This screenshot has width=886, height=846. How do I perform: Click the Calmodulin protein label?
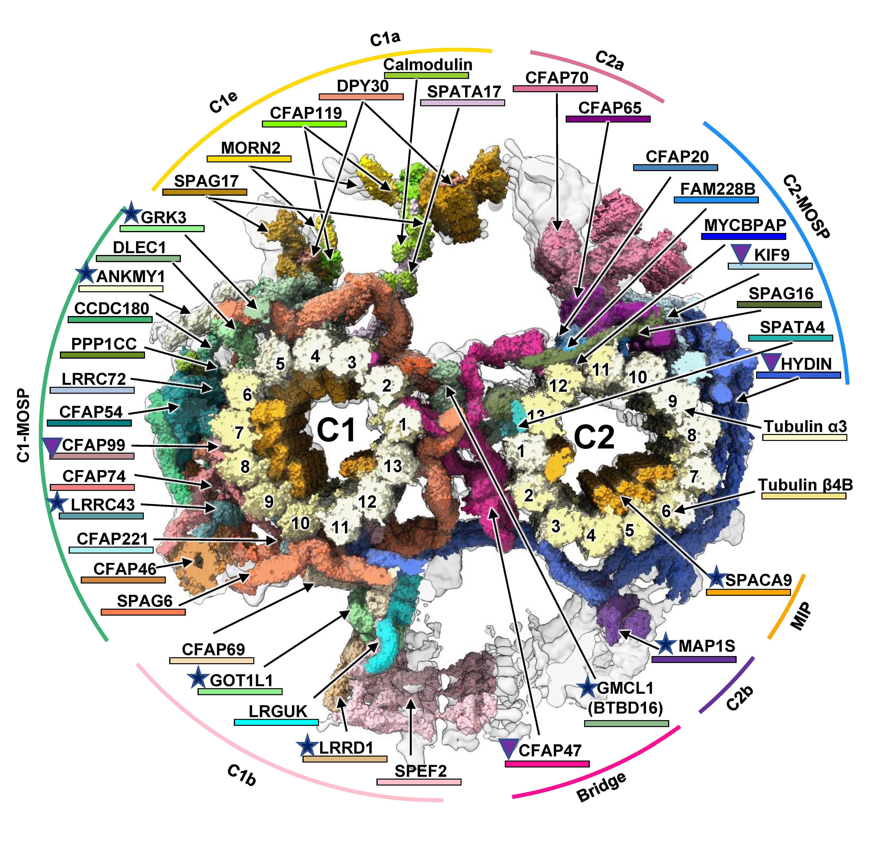(x=428, y=64)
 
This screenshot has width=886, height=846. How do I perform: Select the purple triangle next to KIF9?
(x=741, y=253)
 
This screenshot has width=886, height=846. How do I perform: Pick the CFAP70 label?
(x=557, y=78)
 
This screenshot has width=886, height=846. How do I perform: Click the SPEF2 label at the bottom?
(x=420, y=771)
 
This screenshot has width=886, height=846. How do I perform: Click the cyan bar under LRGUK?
(x=276, y=722)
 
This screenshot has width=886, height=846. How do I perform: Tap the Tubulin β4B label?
(x=805, y=485)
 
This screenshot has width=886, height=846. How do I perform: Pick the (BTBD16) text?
(x=625, y=708)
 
